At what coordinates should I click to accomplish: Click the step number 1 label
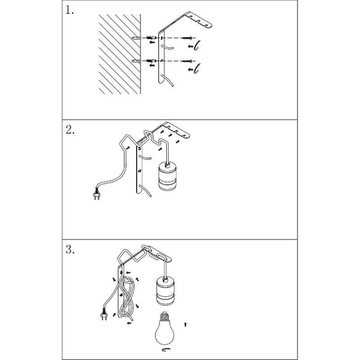click(70, 10)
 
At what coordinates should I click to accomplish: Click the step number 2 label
click(70, 130)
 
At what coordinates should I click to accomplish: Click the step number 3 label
click(70, 250)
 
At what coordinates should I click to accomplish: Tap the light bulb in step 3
click(164, 328)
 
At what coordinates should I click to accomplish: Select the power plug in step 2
click(97, 194)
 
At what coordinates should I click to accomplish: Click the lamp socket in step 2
click(167, 176)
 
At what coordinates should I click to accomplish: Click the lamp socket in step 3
click(165, 290)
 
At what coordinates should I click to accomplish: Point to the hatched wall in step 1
click(119, 54)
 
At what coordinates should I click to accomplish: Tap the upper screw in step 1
click(187, 38)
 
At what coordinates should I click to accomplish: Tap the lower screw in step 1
click(187, 61)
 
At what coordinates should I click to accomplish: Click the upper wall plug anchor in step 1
click(151, 37)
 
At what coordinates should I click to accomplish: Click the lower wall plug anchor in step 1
click(151, 61)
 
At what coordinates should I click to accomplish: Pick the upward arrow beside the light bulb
click(185, 325)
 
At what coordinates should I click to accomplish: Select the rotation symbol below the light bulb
click(166, 350)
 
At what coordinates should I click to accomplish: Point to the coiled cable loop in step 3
click(128, 298)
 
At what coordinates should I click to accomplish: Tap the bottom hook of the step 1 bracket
click(167, 80)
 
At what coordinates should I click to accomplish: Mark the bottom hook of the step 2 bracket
click(145, 191)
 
